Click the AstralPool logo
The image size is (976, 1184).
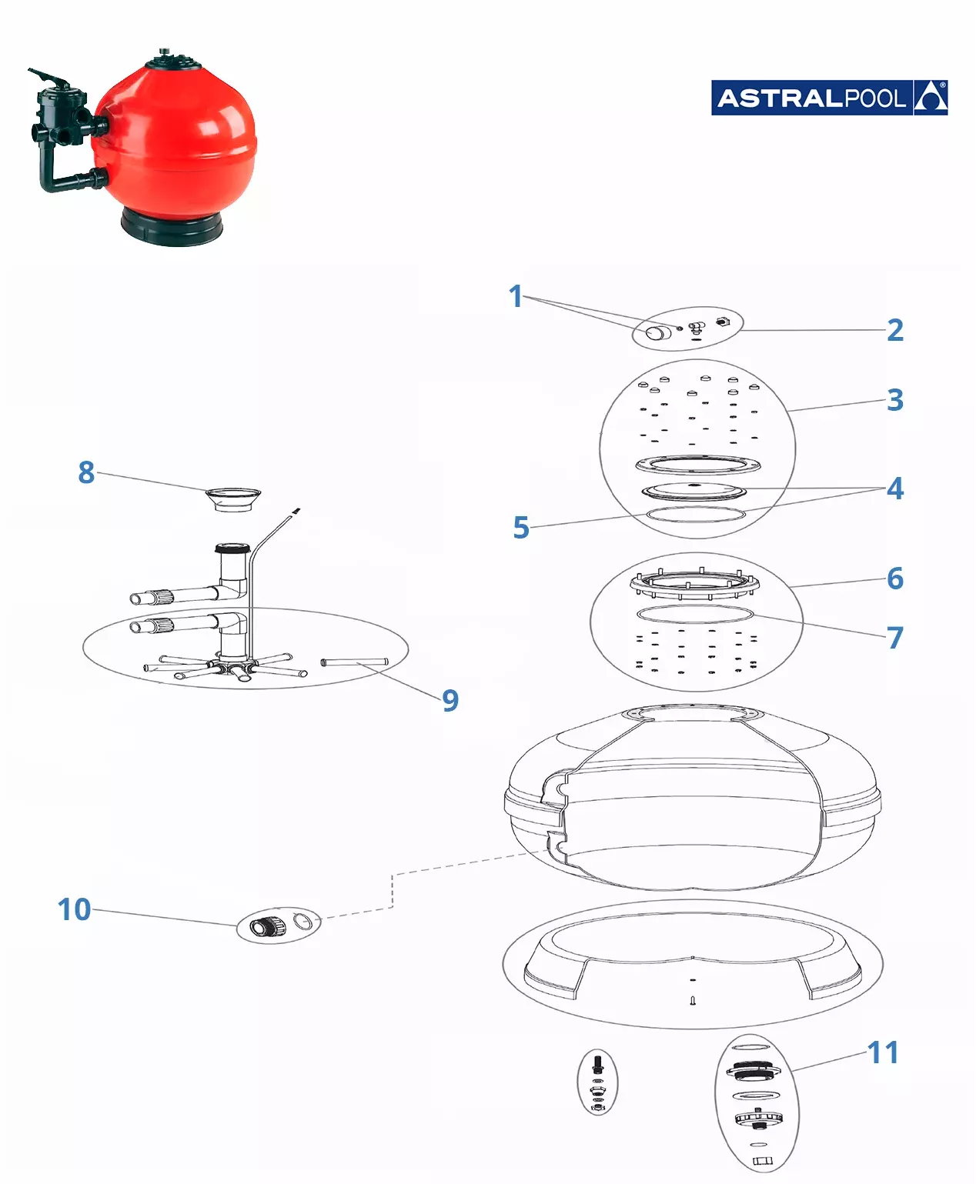829,98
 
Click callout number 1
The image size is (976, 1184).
515,296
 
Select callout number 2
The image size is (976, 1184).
895,330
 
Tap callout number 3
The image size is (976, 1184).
895,400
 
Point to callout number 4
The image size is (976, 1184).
895,489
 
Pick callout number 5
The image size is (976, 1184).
521,527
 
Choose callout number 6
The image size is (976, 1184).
895,579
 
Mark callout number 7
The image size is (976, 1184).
895,637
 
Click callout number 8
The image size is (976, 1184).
85,472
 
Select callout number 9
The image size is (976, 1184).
450,700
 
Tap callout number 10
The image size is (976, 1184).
75,909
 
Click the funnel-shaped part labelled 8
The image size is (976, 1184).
232,499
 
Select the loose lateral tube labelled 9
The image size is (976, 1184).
355,662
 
